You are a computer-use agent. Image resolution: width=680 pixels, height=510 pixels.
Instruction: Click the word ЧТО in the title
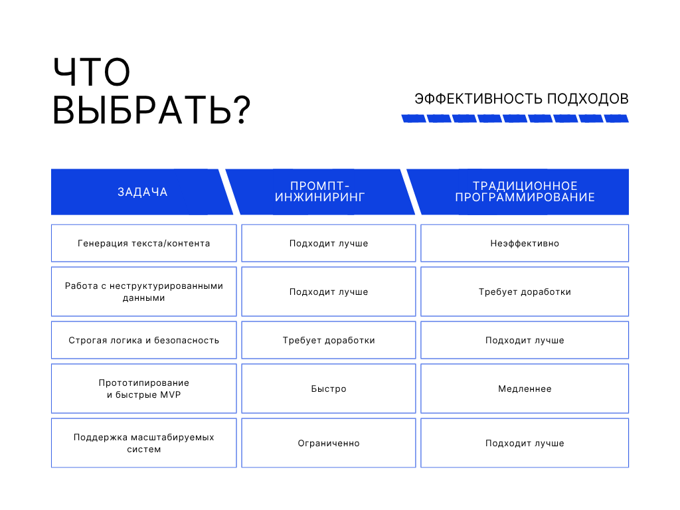pyautogui.click(x=92, y=72)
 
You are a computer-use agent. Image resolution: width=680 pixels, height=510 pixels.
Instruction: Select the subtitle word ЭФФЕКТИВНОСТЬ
pyautogui.click(x=478, y=99)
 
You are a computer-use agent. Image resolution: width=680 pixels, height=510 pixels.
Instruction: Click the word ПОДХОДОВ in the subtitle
pyautogui.click(x=588, y=99)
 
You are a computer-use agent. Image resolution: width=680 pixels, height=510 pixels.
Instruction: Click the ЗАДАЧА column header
pyautogui.click(x=143, y=192)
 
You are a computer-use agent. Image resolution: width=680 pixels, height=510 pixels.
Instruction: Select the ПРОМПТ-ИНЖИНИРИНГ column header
pyautogui.click(x=320, y=192)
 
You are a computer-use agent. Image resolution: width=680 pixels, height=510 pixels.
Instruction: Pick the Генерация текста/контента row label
pyautogui.click(x=144, y=243)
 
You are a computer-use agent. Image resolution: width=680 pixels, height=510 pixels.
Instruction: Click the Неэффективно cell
pyautogui.click(x=525, y=243)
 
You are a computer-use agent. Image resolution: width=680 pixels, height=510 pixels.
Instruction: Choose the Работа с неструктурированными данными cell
pyautogui.click(x=144, y=292)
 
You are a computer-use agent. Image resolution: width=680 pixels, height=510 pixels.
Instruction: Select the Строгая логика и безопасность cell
pyautogui.click(x=144, y=340)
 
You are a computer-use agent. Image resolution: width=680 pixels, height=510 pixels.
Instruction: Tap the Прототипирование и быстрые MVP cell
pyautogui.click(x=144, y=388)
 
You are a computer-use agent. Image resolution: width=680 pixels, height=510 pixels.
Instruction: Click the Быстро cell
pyautogui.click(x=329, y=388)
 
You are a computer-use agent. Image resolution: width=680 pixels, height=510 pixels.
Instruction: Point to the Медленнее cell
pyautogui.click(x=525, y=388)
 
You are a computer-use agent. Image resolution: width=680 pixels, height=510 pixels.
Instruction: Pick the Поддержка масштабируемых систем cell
pyautogui.click(x=144, y=443)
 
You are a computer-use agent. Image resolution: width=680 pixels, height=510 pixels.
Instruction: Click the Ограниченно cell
pyautogui.click(x=329, y=443)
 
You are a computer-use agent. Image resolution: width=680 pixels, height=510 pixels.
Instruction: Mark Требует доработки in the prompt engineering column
pyautogui.click(x=329, y=340)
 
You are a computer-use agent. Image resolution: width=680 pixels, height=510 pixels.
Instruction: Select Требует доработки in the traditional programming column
pyautogui.click(x=525, y=292)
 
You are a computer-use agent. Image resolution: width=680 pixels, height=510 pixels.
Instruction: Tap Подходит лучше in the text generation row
pyautogui.click(x=329, y=243)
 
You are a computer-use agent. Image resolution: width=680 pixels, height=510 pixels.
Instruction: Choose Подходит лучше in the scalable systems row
pyautogui.click(x=525, y=443)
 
